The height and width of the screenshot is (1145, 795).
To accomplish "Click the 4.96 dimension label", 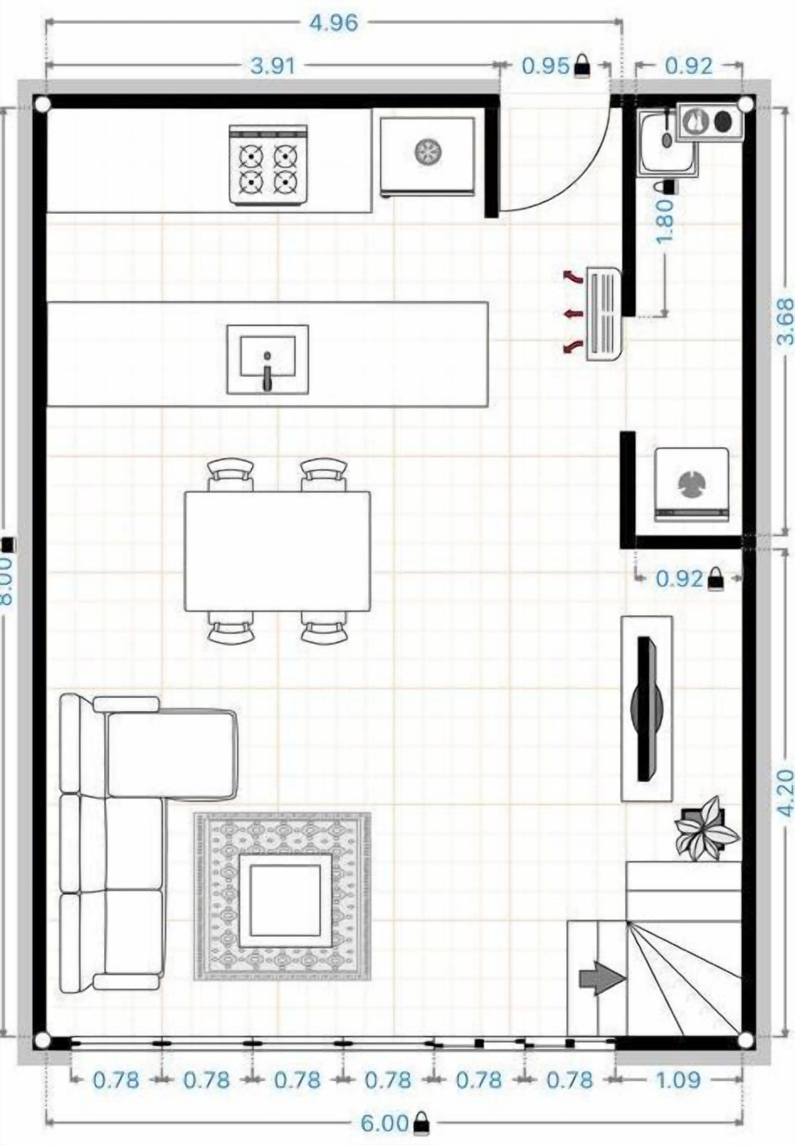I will pyautogui.click(x=334, y=23).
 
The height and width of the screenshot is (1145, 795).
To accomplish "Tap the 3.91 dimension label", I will pyautogui.click(x=273, y=66).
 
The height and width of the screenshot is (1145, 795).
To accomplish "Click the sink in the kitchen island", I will pyautogui.click(x=268, y=359).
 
